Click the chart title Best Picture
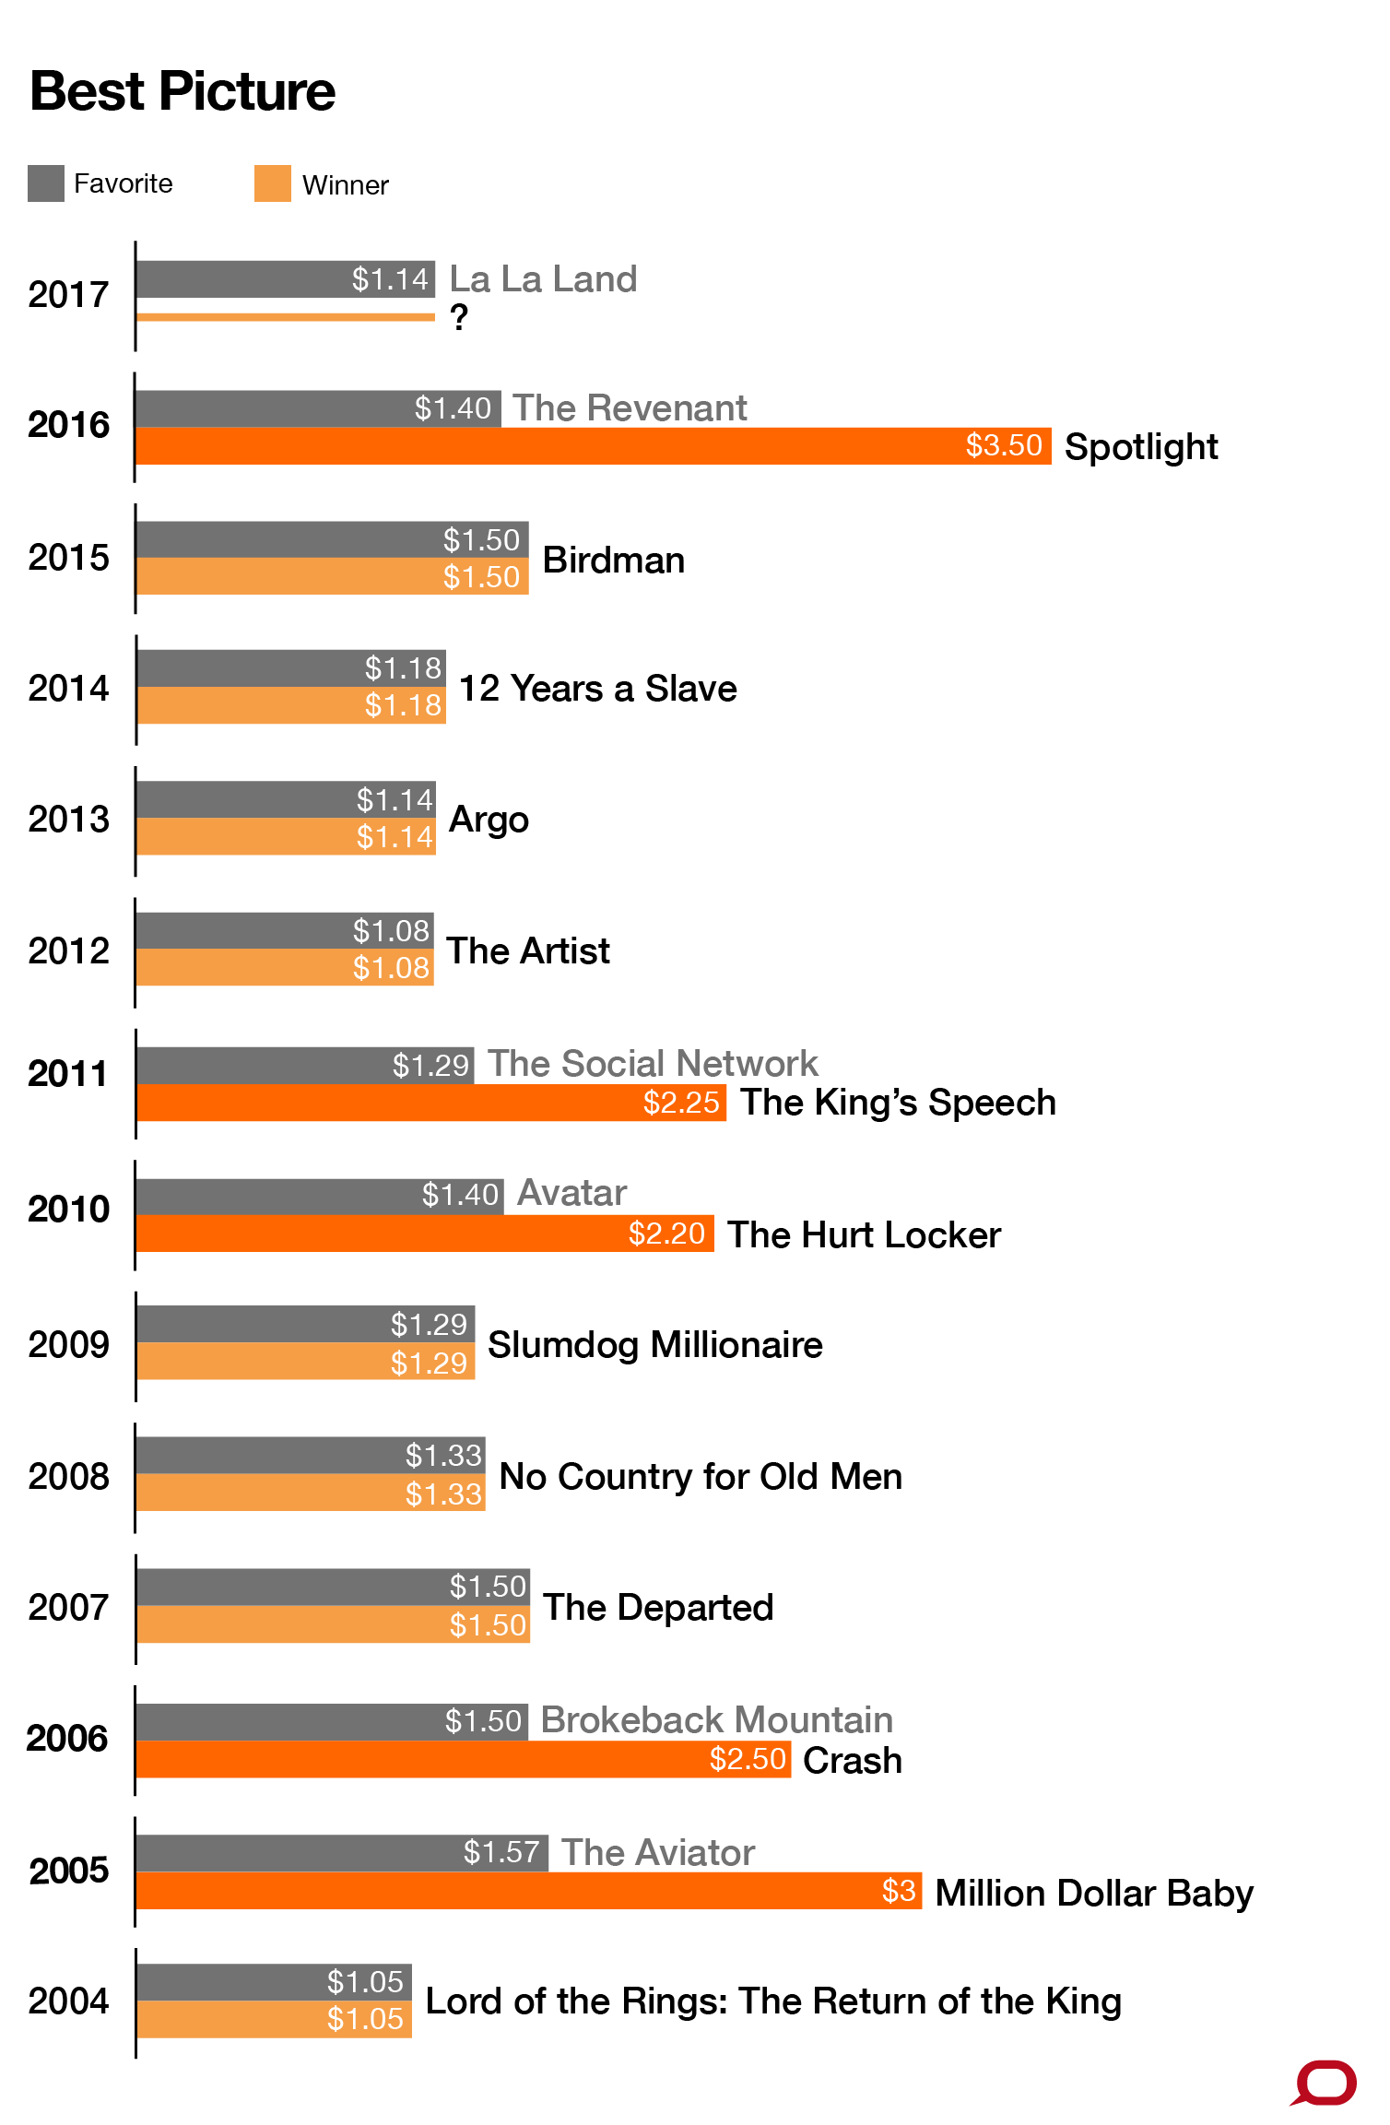pos(183,91)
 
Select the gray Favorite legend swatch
pos(46,183)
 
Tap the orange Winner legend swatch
pos(273,183)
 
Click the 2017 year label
pos(68,295)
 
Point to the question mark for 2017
pos(459,318)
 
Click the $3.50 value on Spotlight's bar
pos(1004,445)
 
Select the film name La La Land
pos(543,279)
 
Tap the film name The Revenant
pos(630,408)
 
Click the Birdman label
pos(613,561)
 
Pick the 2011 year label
pos(68,1074)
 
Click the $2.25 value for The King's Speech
pos(681,1103)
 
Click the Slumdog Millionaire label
pos(654,1345)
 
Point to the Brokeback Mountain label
pos(716,1720)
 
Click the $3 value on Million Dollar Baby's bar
pos(899,1891)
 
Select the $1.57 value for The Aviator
pos(501,1852)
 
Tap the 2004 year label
pos(68,2001)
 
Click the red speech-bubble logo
pos(1325,2083)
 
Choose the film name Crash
pos(852,1761)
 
